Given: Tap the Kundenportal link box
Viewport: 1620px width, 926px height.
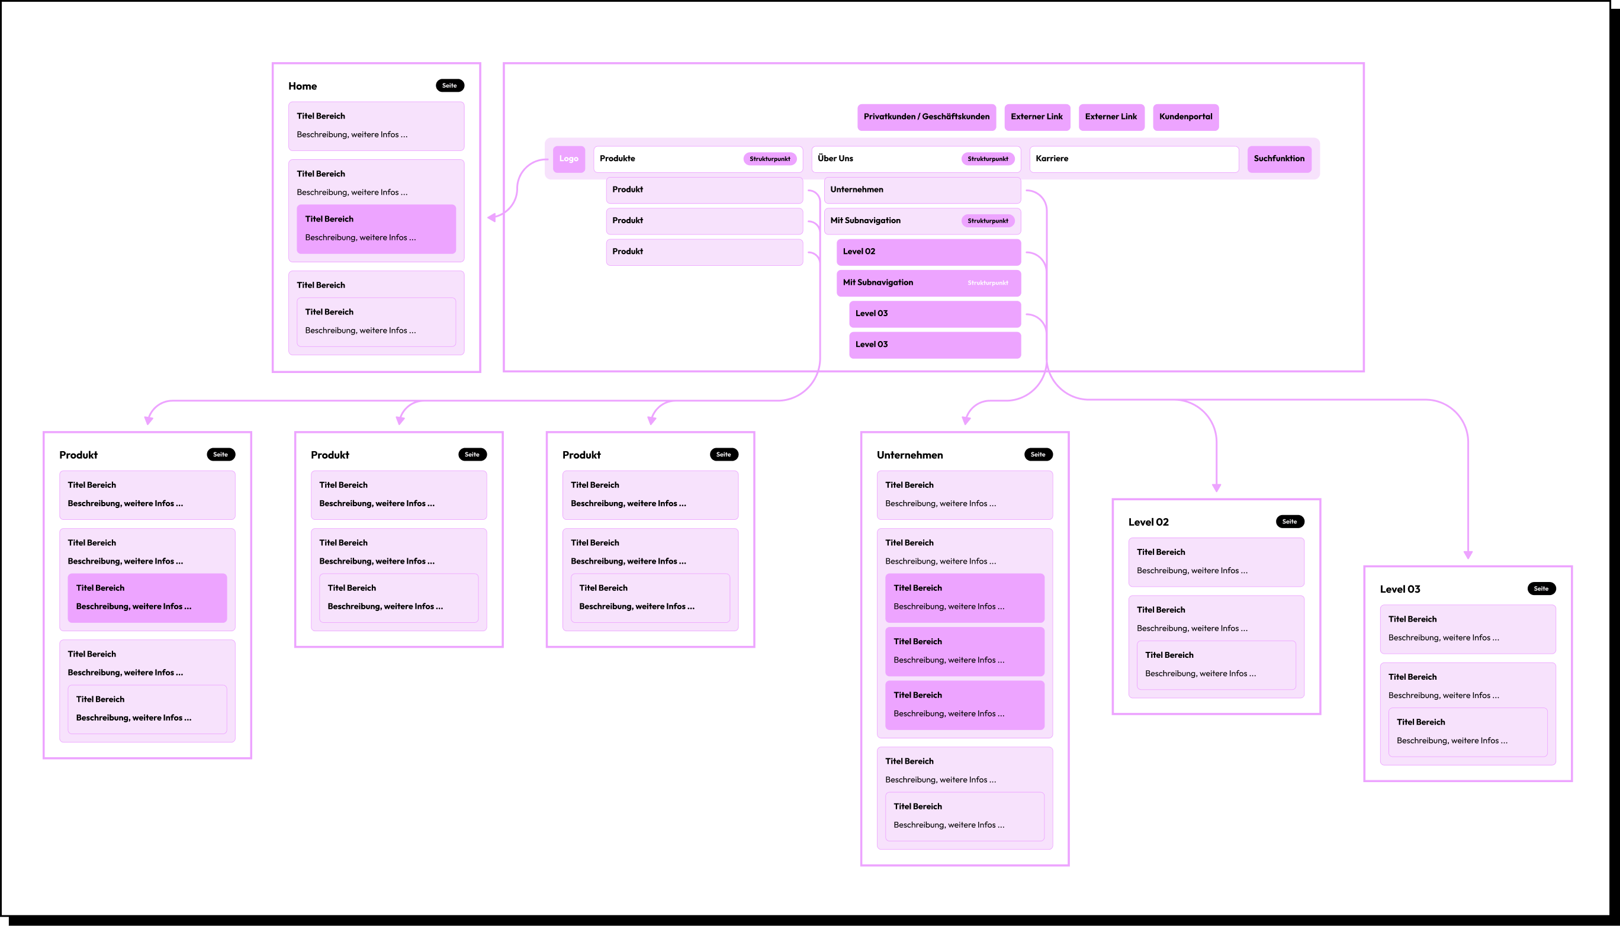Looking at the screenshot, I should coord(1185,117).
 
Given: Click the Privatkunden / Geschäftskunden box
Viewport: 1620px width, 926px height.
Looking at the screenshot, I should coord(926,117).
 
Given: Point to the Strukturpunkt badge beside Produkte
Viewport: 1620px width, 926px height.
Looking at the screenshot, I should coord(770,159).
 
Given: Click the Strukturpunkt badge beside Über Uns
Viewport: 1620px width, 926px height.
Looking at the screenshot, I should coord(987,159).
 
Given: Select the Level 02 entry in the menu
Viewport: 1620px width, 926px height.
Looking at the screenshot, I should coord(928,252).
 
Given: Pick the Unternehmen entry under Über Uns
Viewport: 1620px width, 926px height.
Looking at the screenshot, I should coord(922,190).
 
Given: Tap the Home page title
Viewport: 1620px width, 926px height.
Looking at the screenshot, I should coord(302,86).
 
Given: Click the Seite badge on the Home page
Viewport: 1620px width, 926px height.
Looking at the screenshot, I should coord(449,86).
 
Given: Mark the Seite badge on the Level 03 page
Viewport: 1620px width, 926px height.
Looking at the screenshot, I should coord(1541,589).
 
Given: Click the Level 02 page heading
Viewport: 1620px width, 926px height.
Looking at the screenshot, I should coord(1148,522).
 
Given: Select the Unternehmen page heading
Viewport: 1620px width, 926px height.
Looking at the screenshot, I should coord(909,455).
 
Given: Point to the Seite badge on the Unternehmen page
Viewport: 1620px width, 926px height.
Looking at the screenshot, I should coord(1038,455).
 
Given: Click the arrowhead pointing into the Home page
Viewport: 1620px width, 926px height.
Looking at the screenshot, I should coord(491,217).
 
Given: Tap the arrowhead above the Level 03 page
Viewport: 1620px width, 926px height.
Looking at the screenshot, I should coord(1468,555).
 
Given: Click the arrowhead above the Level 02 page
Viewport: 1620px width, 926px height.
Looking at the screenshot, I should coord(1216,488).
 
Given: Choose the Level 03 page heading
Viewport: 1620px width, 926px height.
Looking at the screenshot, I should coord(1399,590).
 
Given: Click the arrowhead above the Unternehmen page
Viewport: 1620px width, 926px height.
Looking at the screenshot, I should coord(966,420).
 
